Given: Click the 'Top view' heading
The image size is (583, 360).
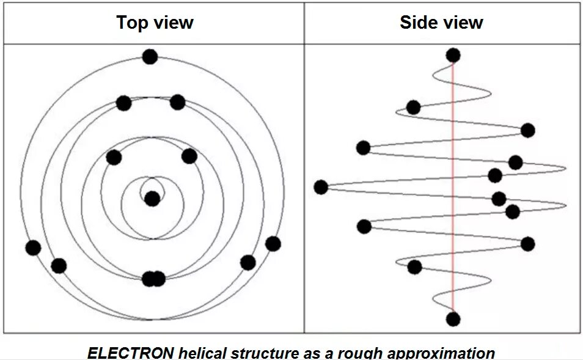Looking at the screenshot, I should point(155,23).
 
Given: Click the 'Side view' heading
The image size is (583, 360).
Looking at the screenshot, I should point(441,23).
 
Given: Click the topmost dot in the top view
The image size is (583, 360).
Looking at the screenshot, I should point(150,57).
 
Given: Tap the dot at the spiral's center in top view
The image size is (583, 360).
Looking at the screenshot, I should point(152,199).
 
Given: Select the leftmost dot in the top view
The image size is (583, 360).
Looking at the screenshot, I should point(33,248).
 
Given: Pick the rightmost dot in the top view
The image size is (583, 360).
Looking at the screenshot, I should point(273,243).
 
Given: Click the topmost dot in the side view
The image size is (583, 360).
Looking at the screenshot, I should point(453,56).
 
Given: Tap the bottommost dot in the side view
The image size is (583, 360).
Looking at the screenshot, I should point(453,319).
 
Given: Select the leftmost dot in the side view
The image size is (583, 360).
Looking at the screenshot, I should point(321,187).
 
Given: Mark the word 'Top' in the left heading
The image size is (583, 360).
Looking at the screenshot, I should point(131,23).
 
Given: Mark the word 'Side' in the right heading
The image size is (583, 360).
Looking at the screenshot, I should point(417,23).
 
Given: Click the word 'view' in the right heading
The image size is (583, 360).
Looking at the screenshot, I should point(462,23).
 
